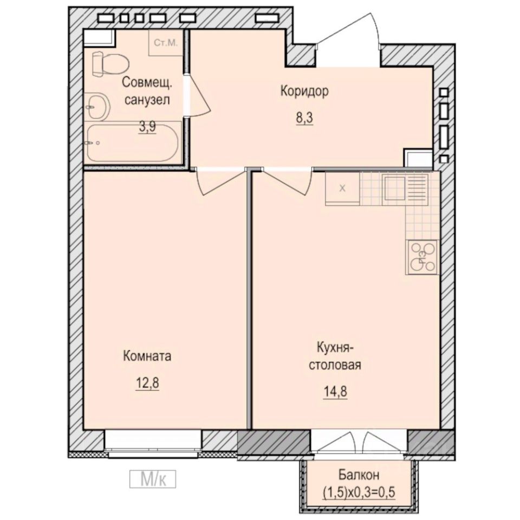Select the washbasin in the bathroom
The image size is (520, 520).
pos(97,107)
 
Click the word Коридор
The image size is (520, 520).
pos(304,92)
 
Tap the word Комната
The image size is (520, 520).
pos(147,356)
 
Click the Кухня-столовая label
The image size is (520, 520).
pos(335,355)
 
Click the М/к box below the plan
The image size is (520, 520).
pos(154,478)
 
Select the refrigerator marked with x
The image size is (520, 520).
pos(342,188)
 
